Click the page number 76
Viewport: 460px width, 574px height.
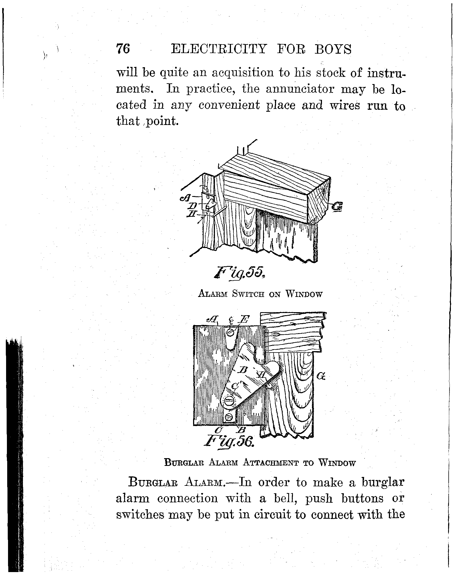point(123,49)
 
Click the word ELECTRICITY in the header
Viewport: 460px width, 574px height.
point(219,49)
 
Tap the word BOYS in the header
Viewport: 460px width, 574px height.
point(333,49)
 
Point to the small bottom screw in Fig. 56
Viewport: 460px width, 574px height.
point(230,417)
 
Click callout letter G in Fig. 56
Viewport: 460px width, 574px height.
point(321,376)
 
